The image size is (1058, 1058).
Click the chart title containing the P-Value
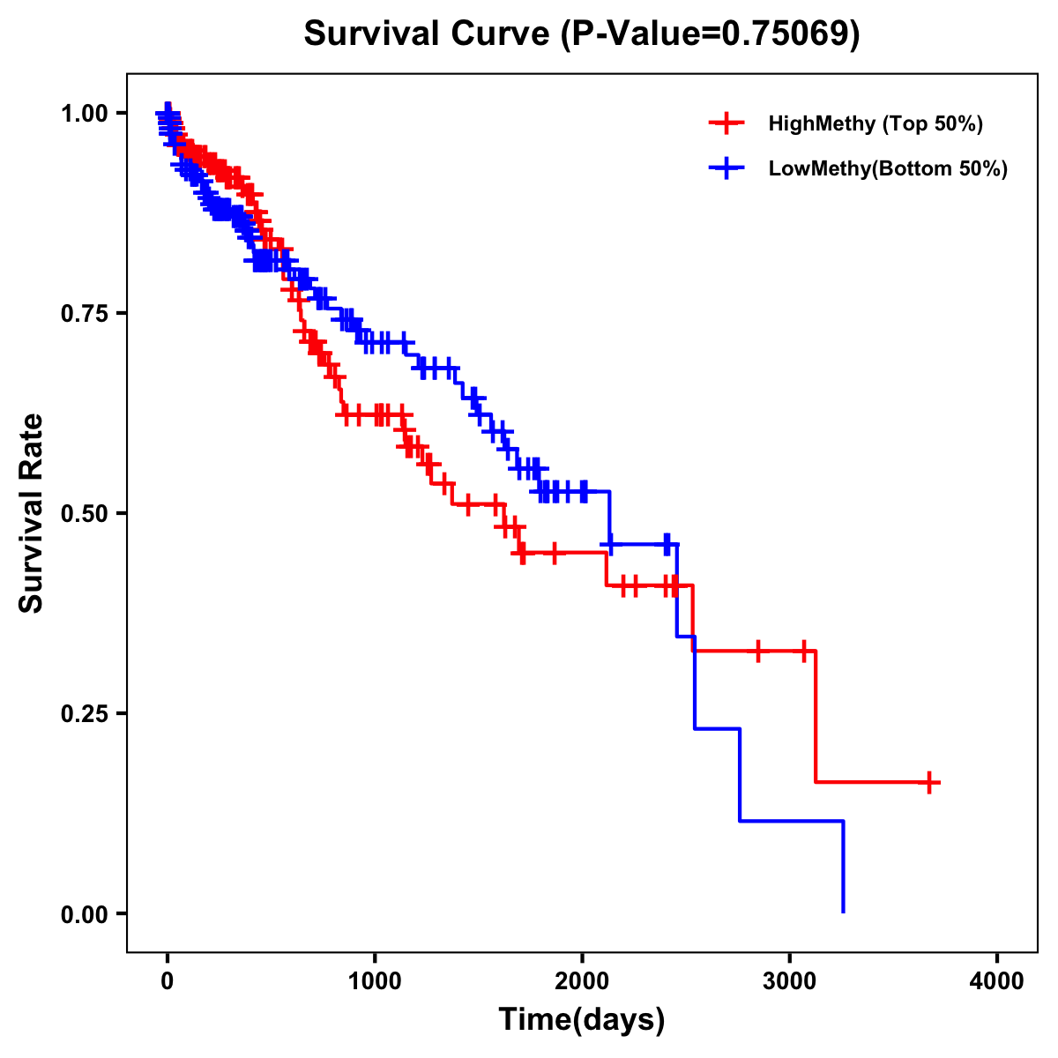coord(581,34)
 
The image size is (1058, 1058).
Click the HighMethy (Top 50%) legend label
coord(875,123)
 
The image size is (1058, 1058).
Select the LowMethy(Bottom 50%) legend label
coord(888,168)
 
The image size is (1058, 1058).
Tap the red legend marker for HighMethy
coord(726,123)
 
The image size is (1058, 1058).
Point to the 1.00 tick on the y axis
coord(84,114)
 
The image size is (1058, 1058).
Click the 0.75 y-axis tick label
coord(84,314)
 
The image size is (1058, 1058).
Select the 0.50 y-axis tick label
coord(84,514)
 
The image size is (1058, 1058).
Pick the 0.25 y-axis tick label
coord(84,714)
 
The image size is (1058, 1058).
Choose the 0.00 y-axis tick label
coord(84,914)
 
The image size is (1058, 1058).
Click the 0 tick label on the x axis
coord(168,981)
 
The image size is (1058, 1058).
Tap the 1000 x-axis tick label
coord(375,981)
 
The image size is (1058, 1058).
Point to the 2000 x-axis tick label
coord(582,981)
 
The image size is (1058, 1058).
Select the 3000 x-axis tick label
coord(790,981)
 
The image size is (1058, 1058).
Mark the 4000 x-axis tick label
coord(997,981)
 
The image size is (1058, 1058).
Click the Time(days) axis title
coord(582,1020)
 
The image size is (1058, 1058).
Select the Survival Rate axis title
coord(32,513)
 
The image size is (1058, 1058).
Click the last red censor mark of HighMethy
coord(929,782)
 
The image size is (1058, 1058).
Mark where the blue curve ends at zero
coord(844,912)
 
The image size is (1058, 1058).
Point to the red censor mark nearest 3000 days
coord(803,652)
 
